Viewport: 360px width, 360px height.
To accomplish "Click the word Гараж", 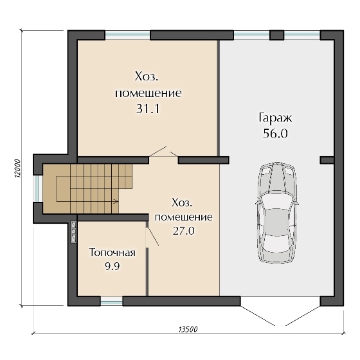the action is point(275,118).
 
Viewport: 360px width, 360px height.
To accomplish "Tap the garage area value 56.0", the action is point(275,134).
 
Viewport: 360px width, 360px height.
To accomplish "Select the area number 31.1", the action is point(148,109).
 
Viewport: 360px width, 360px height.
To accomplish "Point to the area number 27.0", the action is point(184,231).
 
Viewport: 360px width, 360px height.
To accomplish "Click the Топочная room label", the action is point(113,253).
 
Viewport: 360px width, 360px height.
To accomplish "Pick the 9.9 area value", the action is point(113,266).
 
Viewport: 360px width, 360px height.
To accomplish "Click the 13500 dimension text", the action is point(188,329).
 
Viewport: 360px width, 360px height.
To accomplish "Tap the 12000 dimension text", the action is point(17,168).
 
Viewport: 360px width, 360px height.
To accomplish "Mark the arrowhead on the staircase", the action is point(116,202).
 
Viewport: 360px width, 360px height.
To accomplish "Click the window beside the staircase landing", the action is point(37,189).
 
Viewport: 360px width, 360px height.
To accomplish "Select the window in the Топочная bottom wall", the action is point(111,301).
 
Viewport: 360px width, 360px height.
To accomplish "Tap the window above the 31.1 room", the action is point(128,35).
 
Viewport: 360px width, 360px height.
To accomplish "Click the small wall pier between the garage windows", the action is point(276,35).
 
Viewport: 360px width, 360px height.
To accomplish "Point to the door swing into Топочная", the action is point(153,237).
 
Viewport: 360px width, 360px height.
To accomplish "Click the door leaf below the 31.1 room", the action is point(157,151).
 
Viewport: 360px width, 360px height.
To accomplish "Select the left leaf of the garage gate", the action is point(258,316).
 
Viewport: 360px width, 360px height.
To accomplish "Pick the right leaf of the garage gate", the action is point(303,316).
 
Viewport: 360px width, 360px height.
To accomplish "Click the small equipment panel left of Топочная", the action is point(73,232).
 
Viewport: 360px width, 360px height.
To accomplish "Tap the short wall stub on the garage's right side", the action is point(327,160).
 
